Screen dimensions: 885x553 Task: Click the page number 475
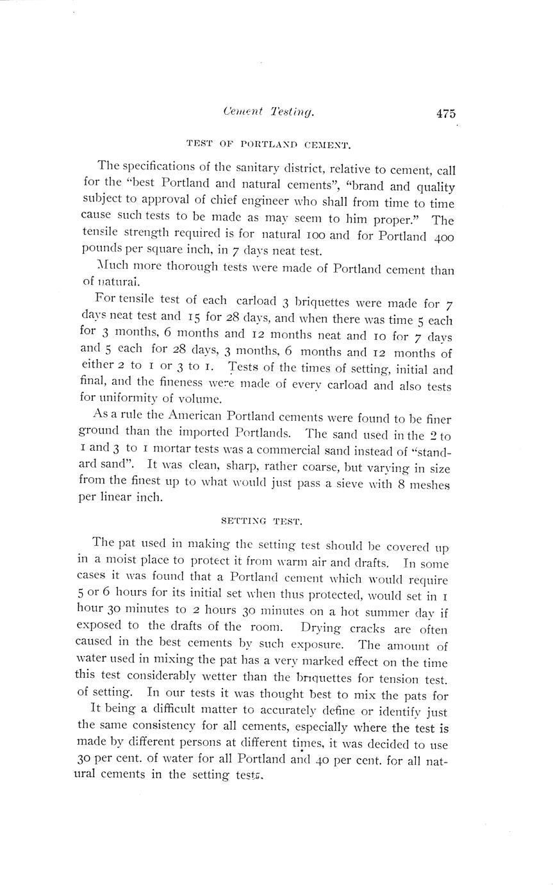(446, 114)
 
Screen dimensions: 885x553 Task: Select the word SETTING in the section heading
(240, 521)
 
